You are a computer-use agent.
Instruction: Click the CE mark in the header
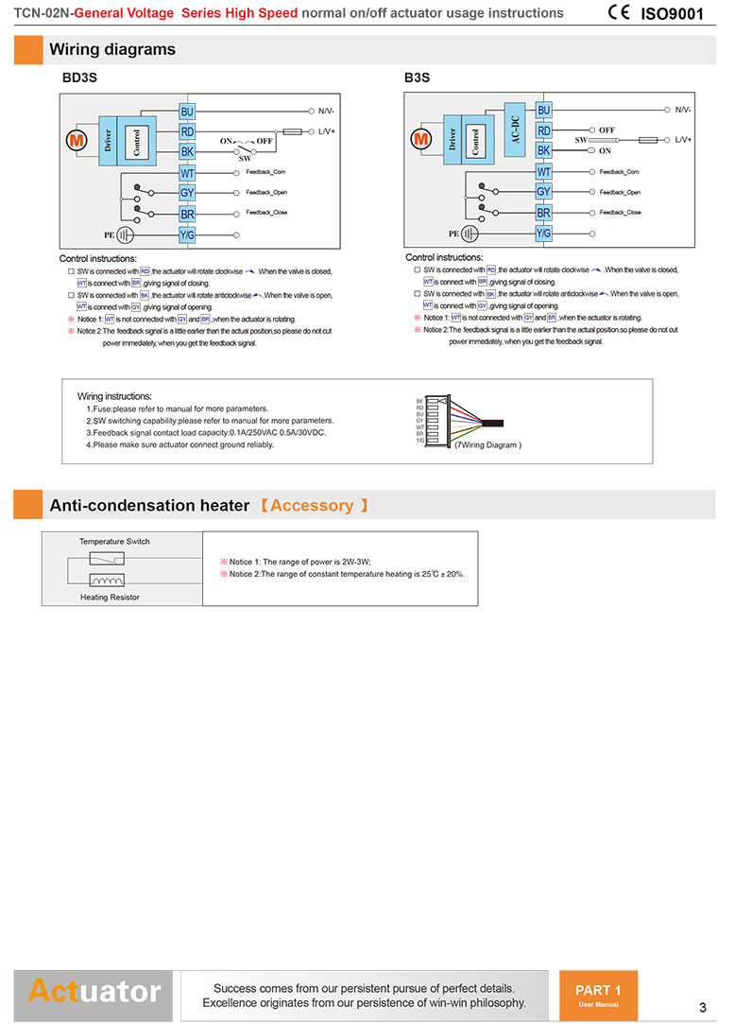point(620,12)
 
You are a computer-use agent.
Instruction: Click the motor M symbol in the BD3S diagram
point(76,140)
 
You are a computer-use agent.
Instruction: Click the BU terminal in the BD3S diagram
point(187,112)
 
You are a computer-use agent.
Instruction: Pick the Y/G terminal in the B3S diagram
point(543,233)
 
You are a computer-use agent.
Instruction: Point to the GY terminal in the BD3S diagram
point(187,193)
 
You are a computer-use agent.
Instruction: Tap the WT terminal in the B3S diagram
point(543,171)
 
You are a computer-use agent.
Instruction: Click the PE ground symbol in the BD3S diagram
point(127,234)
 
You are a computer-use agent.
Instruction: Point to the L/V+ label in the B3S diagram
point(683,140)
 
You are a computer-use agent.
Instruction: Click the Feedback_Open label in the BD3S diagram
point(266,192)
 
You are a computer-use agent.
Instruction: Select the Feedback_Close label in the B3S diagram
point(620,212)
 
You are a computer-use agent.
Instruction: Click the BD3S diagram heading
point(79,78)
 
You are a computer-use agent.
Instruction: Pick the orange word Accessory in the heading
point(312,506)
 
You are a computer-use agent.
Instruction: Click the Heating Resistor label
point(110,598)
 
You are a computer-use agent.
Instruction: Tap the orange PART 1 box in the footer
point(598,995)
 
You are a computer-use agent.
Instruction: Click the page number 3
point(703,1006)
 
